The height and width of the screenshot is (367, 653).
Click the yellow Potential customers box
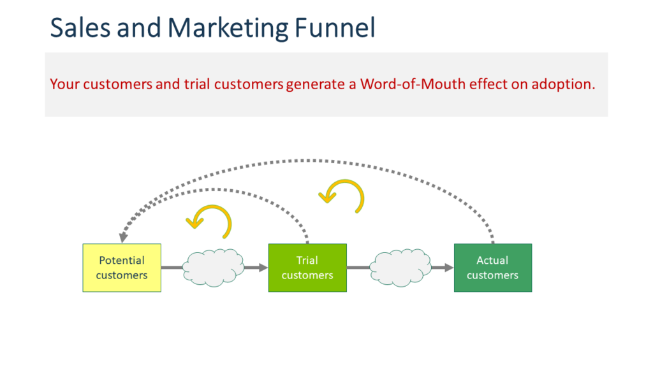click(122, 268)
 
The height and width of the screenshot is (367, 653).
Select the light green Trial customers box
click(307, 268)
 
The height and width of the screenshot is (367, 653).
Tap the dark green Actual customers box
click(492, 268)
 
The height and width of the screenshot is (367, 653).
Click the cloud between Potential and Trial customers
click(214, 268)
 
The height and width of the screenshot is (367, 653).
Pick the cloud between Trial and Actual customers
click(400, 268)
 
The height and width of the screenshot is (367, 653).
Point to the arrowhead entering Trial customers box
click(263, 268)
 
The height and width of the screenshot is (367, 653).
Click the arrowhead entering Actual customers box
click(448, 268)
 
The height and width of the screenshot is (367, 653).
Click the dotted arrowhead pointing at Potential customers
click(124, 237)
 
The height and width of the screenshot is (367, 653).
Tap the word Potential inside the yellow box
click(122, 260)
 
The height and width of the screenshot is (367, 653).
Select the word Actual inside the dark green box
click(492, 260)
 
